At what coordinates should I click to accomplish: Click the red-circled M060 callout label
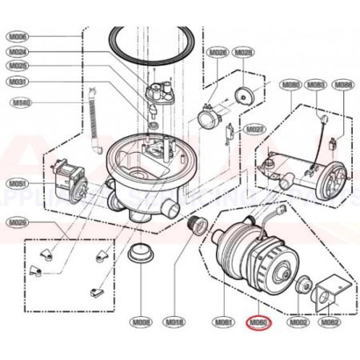258,323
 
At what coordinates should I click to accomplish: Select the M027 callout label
254,129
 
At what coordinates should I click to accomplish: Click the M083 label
316,84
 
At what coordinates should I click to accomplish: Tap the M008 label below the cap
142,323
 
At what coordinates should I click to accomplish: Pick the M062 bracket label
329,323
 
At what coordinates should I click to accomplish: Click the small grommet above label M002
302,286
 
